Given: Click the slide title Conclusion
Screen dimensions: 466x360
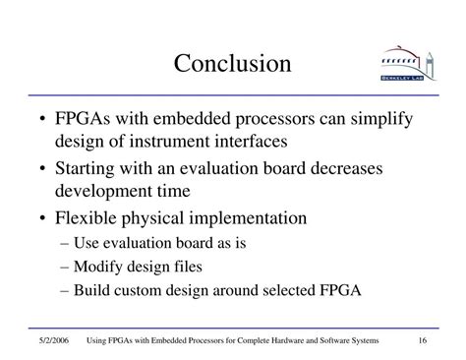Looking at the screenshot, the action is point(232,63).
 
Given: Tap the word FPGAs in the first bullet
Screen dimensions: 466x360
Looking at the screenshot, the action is point(83,118).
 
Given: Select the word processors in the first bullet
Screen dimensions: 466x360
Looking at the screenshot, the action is point(275,120).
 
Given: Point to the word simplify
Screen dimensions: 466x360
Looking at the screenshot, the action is point(381,120).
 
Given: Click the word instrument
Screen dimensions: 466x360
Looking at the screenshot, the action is point(169,142).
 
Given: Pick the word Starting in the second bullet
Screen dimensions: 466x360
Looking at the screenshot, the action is point(85,169).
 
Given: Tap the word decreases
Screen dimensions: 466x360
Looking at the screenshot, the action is point(346,168).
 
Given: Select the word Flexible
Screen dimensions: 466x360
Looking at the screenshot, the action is point(86,217).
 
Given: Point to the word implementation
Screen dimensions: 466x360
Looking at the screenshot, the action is point(248,218).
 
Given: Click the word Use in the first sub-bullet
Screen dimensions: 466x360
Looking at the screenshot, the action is point(87,243).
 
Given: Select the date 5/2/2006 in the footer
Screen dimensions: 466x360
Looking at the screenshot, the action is point(54,340).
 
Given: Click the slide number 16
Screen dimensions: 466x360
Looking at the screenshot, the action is point(423,340).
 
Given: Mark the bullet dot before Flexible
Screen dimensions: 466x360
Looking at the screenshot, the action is point(42,218).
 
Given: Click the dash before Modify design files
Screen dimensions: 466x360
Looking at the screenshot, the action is point(65,268).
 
